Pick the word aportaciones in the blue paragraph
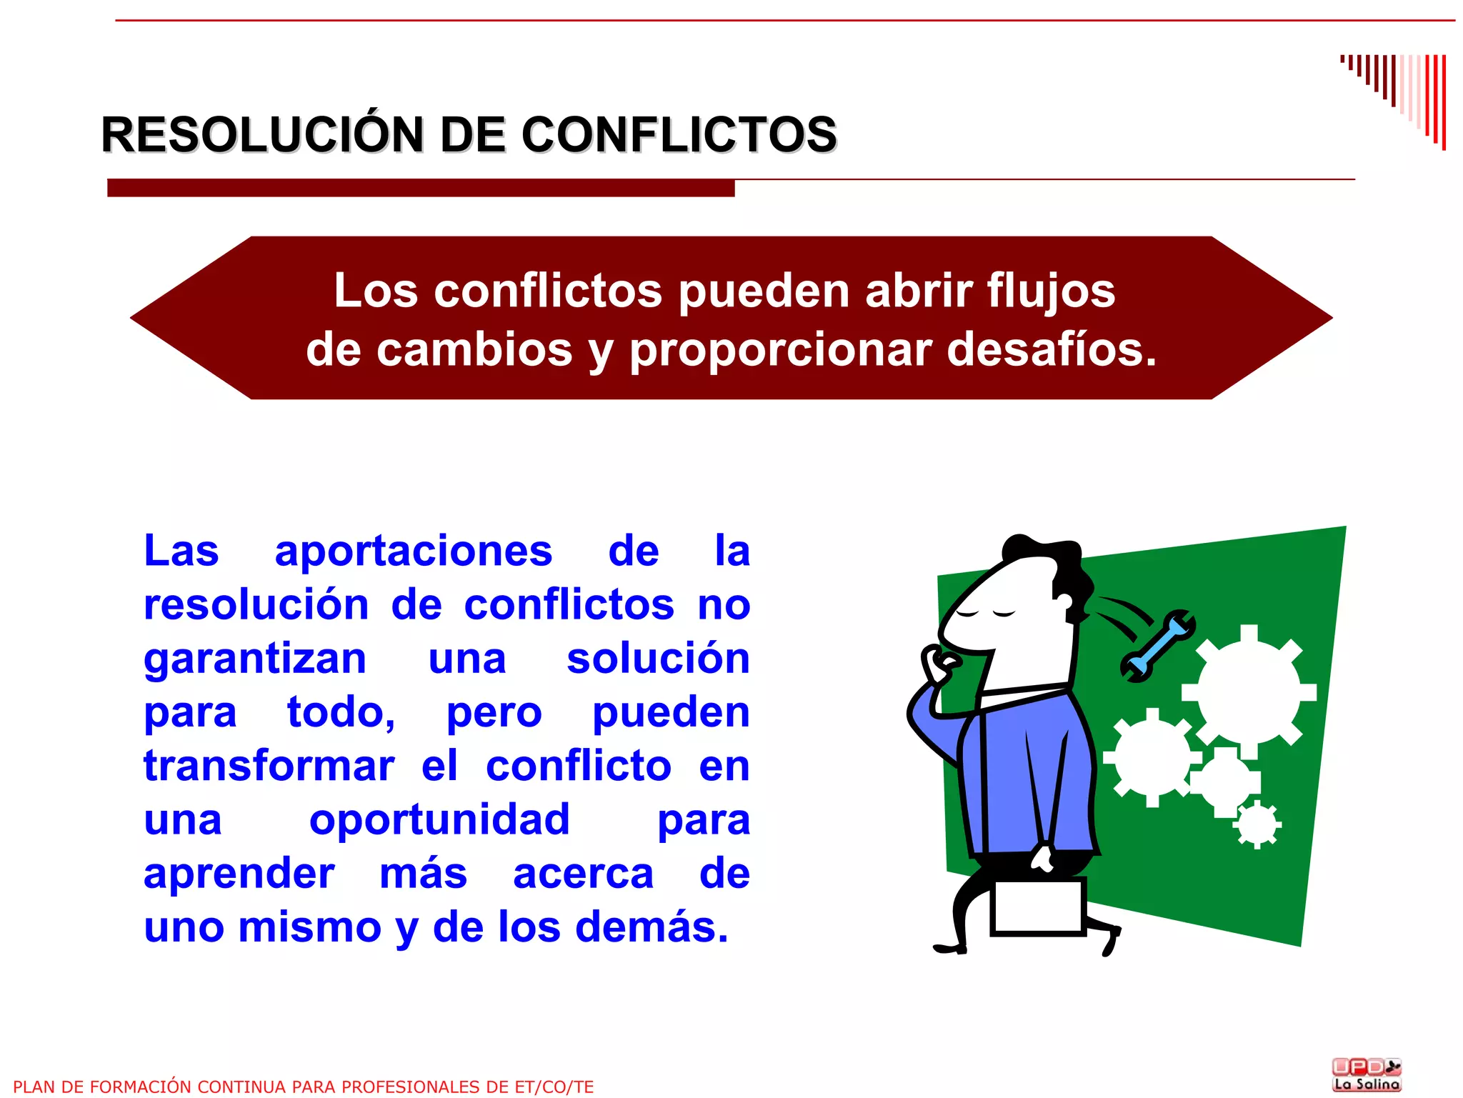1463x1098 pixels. (x=414, y=551)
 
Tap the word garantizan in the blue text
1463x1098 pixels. (x=255, y=659)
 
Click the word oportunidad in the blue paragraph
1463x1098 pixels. (x=439, y=819)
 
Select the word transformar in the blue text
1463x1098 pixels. (x=269, y=766)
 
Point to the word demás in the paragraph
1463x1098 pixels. (x=651, y=927)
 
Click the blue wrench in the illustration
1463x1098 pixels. (x=1157, y=646)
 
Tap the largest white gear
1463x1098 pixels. (x=1249, y=691)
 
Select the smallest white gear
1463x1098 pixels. (x=1257, y=824)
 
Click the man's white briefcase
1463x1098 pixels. (x=1039, y=906)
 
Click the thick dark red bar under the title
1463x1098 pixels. (x=421, y=188)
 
